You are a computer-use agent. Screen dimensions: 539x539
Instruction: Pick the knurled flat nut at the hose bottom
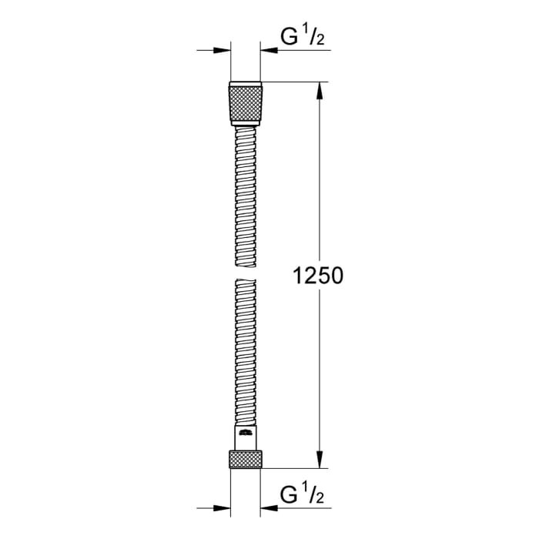click(246, 460)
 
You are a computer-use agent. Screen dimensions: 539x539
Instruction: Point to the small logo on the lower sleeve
click(246, 436)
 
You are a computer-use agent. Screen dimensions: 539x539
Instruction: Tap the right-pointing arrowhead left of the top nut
click(224, 51)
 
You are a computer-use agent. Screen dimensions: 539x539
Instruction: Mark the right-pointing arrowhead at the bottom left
click(224, 507)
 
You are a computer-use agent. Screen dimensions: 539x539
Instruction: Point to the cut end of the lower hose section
click(246, 283)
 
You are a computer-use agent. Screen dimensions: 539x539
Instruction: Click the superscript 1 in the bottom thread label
click(303, 485)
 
